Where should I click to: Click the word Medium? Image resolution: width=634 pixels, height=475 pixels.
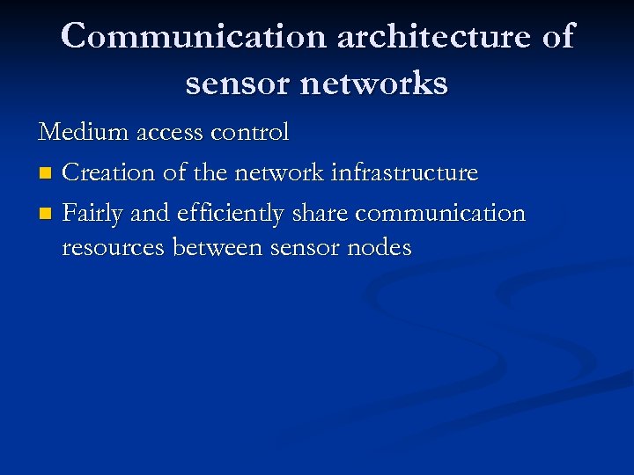click(78, 133)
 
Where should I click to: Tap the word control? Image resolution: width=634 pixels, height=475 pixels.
click(254, 133)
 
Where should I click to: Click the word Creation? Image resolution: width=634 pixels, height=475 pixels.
click(110, 172)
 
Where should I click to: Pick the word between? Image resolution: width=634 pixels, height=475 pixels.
click(217, 248)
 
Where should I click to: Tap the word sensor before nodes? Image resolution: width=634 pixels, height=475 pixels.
click(304, 248)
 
